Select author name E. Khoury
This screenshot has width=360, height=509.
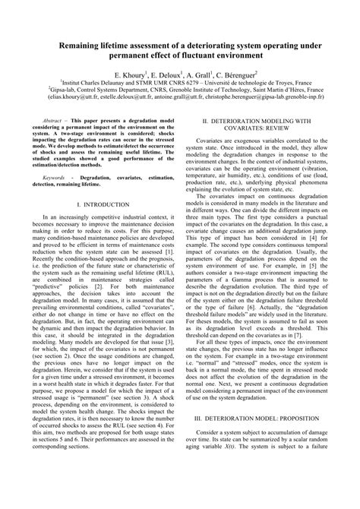tap(132, 77)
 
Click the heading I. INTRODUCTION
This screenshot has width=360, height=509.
tap(96, 226)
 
